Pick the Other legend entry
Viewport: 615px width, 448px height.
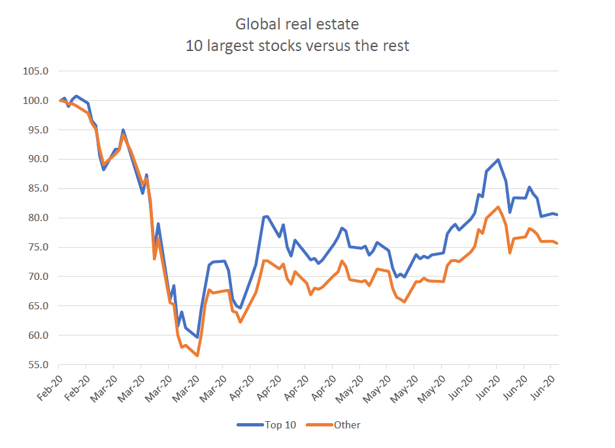(x=347, y=425)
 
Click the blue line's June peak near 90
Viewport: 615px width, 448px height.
(x=498, y=160)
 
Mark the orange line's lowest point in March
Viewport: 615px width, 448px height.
(x=197, y=356)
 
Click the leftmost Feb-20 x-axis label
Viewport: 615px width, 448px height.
(x=49, y=382)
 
